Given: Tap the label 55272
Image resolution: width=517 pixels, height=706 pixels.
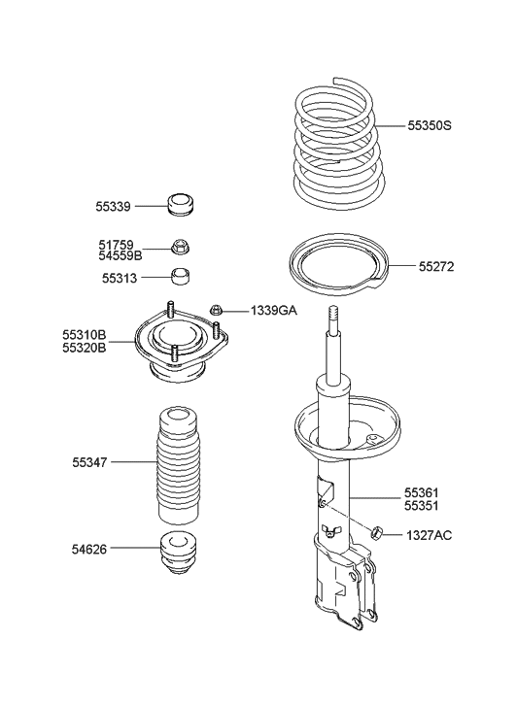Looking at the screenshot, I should (x=437, y=266).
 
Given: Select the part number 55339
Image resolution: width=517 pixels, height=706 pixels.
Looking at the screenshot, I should (x=114, y=206).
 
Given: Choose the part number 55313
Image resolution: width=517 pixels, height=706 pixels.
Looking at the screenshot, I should (x=114, y=278).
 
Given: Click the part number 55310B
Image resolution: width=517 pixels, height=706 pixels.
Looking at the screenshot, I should (x=86, y=333).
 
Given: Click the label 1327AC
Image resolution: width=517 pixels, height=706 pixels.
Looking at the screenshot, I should (x=430, y=535).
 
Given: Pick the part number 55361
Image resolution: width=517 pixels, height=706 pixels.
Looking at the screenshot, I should (x=425, y=493).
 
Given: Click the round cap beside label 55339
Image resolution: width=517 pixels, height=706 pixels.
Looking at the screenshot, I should (x=180, y=205).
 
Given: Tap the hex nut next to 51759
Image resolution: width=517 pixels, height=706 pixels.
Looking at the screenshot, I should (x=179, y=248).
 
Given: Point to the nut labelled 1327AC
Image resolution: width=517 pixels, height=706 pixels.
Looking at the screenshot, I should (x=379, y=532).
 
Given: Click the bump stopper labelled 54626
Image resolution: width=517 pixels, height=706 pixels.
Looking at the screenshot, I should (x=178, y=555).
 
